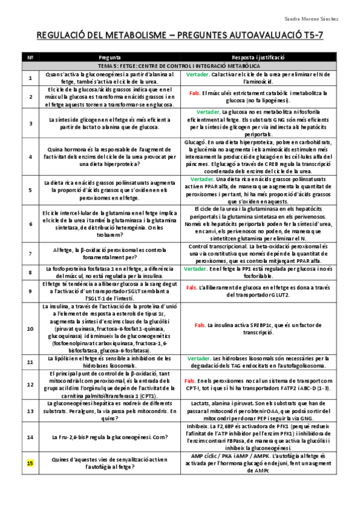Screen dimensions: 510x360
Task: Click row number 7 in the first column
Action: [x=30, y=254]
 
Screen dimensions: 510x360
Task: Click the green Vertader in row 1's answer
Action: [x=198, y=75]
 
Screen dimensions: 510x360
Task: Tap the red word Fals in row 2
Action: [x=194, y=93]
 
